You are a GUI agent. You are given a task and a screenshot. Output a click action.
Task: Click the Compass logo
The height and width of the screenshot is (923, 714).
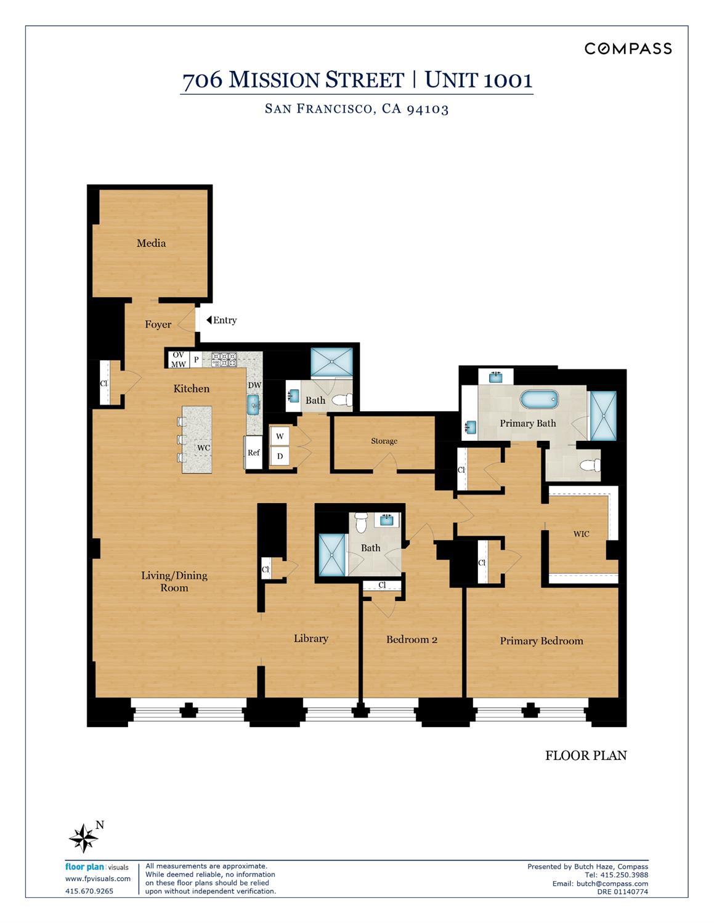point(628,49)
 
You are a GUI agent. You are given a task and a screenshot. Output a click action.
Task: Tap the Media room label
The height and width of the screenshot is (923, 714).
point(151,243)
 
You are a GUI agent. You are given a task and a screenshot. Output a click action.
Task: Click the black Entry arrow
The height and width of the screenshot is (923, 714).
point(209,320)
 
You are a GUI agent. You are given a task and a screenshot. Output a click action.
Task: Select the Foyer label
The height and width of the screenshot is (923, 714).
point(158,324)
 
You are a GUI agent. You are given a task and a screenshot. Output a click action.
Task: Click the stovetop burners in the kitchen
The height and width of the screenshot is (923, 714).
point(224,360)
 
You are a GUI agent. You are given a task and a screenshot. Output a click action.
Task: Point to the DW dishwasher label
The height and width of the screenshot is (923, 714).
point(254,385)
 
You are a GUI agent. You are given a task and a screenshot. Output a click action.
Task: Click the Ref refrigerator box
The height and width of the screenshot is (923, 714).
point(254,453)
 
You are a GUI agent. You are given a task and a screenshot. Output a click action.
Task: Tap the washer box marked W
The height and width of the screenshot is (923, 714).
point(280,436)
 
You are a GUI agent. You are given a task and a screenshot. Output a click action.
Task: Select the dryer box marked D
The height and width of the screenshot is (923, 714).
point(280,456)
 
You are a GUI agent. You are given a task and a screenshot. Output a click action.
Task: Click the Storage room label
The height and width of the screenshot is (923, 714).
point(384,441)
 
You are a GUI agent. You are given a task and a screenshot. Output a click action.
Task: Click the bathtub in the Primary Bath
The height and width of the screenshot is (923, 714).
point(540,400)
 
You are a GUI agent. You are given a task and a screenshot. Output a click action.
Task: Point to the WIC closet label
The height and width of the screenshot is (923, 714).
point(581,534)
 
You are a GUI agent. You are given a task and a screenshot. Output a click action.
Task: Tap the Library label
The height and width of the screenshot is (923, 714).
point(310,639)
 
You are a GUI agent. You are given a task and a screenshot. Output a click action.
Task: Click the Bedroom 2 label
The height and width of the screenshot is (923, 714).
point(412,640)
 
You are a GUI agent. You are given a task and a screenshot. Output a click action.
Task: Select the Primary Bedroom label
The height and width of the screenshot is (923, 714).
point(541,641)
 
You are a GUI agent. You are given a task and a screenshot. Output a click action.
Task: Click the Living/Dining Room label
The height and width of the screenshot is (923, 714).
point(174,581)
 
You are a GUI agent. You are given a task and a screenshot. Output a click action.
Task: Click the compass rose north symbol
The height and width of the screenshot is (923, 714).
point(83,838)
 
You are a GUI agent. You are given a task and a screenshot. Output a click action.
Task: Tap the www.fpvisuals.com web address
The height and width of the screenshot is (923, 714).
point(98,879)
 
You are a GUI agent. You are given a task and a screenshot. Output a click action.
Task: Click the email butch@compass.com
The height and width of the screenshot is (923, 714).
point(612,884)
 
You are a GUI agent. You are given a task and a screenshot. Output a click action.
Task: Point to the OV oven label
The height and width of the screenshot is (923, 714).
point(178,355)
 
